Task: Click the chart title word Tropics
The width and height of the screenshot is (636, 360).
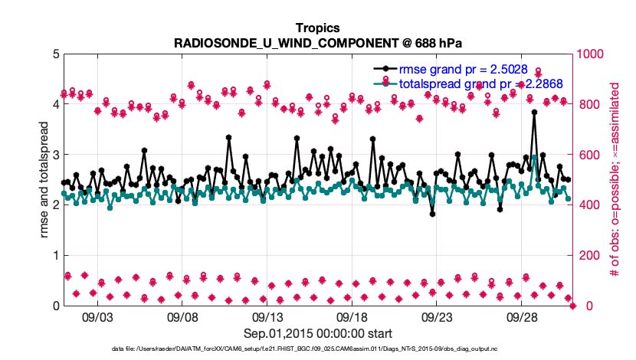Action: [x=318, y=28]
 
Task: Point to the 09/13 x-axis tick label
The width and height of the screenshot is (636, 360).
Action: [x=267, y=317]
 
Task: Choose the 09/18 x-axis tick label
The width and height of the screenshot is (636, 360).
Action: [x=352, y=317]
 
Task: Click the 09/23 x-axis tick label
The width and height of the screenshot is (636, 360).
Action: [x=438, y=317]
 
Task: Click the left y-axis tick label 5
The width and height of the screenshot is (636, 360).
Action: [x=55, y=54]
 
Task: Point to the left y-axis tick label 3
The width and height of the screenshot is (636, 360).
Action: [x=55, y=155]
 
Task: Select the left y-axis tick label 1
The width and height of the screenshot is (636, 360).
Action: [x=55, y=256]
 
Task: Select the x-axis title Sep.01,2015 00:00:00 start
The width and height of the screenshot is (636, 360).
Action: [x=318, y=333]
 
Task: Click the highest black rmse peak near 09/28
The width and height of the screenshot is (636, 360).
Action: [x=534, y=112]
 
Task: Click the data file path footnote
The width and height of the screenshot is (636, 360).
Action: [x=318, y=349]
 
